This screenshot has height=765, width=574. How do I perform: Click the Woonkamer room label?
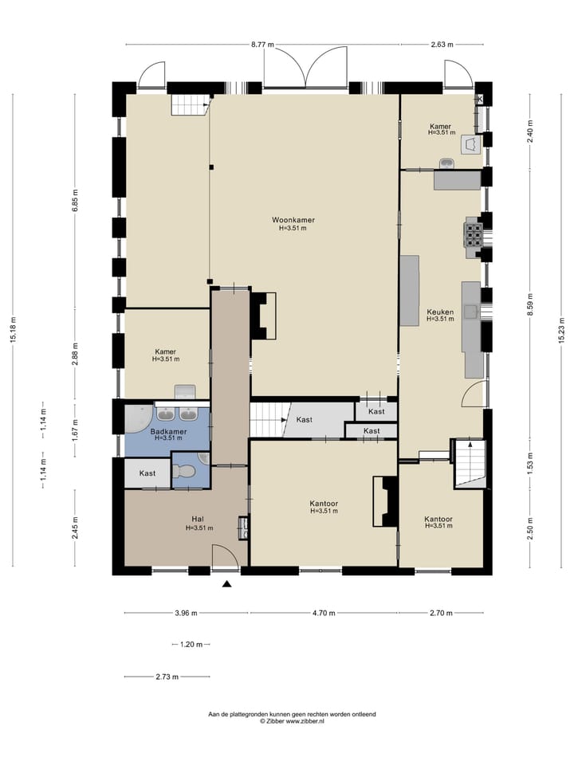293,220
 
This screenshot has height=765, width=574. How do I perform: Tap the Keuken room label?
440,312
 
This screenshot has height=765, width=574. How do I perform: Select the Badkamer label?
168,432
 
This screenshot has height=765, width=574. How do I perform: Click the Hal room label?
198,519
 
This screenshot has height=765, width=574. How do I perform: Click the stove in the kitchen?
474,233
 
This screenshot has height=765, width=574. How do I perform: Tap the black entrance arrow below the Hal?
226,583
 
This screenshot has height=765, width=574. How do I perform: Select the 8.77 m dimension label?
262,45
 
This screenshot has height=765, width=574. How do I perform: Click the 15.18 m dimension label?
14,330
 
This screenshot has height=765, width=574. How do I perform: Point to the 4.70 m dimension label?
324,614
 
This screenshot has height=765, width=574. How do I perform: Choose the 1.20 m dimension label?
191,645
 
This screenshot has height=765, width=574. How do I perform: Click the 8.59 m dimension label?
530,304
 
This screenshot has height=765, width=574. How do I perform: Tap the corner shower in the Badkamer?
136,418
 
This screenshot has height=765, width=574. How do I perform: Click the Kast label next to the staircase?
304,420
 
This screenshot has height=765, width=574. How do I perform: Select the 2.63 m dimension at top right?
442,45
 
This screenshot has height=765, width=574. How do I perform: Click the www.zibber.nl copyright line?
292,720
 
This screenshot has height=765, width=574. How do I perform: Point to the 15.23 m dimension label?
561,330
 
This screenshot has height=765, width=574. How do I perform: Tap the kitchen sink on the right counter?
471,311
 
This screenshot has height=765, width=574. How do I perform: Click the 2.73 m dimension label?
167,677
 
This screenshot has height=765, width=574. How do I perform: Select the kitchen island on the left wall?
410,290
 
